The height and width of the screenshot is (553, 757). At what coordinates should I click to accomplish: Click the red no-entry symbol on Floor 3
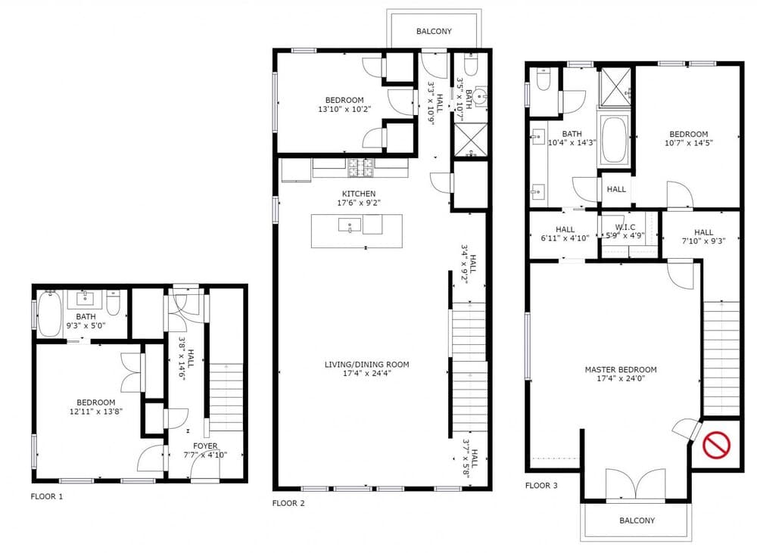coord(716,445)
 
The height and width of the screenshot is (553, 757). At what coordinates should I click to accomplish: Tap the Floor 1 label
coord(47,496)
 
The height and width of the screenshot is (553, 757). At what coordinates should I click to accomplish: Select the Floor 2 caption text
coord(288,503)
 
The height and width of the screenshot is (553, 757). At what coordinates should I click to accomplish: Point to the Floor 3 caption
coord(541,486)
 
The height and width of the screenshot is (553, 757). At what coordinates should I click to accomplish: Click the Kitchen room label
coord(359,194)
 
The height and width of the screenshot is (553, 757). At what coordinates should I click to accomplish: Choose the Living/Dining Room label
coord(366,365)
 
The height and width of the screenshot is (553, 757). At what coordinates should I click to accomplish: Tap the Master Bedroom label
coord(621,370)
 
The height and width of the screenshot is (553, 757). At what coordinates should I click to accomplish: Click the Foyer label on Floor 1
coord(205,446)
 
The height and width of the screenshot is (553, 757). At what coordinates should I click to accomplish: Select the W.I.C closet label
coord(625,227)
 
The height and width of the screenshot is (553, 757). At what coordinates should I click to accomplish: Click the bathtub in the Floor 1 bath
coord(49,314)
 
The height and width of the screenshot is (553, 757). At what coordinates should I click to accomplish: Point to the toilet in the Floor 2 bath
coord(470,64)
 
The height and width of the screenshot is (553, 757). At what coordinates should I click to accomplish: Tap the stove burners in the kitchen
coord(360,167)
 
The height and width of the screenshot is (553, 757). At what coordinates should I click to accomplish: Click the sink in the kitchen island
coord(350,225)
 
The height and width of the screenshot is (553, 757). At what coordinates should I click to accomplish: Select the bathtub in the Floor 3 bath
coord(614,140)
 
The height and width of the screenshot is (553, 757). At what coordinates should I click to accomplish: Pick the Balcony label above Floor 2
coord(434,31)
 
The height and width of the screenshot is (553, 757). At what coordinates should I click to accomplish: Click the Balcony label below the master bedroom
coord(637,520)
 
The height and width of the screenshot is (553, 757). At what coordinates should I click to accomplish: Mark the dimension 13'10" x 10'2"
coord(344,110)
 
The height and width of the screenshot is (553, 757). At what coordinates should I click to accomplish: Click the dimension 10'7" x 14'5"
coord(688,143)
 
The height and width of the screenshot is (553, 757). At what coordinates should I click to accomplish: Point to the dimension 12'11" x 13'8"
coord(96,412)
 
